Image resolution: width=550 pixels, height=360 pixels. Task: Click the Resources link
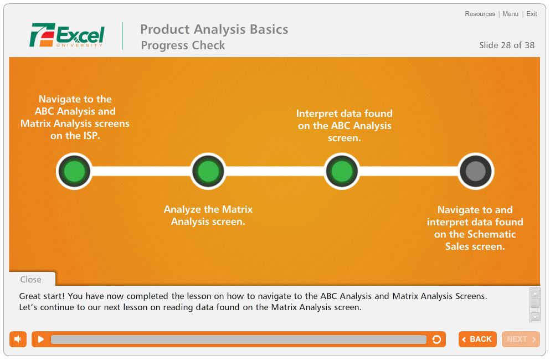pos(480,14)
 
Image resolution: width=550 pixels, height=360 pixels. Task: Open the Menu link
pos(510,14)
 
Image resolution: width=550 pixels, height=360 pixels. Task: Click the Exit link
pos(532,14)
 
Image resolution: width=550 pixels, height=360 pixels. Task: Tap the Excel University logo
pos(67,35)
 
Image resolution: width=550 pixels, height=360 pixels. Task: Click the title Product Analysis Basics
pos(214,29)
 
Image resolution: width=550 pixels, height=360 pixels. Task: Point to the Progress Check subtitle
pos(183,45)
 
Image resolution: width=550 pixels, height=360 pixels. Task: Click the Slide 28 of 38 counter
pos(507,45)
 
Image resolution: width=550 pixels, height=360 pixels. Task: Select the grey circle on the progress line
pos(476,171)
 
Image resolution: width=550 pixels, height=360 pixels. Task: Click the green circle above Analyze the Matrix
pos(208,171)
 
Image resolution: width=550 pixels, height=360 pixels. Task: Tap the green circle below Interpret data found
pos(342,171)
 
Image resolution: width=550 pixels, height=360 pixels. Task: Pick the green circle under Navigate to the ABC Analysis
pos(74,171)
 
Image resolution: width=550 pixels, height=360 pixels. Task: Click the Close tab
pos(31,279)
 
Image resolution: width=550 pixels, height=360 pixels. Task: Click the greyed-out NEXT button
pos(521,340)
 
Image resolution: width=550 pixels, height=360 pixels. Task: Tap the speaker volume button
pos(18,340)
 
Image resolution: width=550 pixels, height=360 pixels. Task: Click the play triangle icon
pos(40,340)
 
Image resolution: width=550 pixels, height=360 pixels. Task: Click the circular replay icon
pos(436,340)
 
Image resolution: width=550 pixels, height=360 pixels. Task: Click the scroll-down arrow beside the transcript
pos(535,317)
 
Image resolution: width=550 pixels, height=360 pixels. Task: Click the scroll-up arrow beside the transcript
pos(535,293)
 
